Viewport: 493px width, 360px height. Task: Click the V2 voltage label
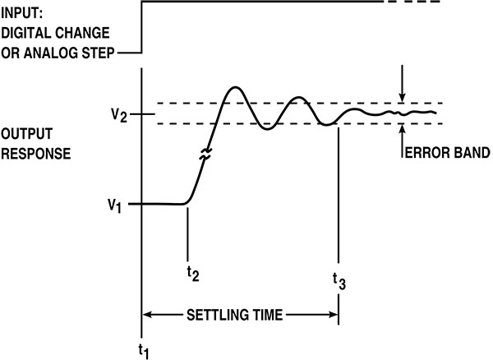click(120, 114)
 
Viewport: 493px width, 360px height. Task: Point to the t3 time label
click(339, 281)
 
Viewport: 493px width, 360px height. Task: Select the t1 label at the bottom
click(143, 350)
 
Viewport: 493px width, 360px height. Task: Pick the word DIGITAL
click(28, 33)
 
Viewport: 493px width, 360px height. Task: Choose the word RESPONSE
click(32, 153)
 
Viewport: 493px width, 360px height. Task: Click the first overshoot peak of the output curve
click(236, 87)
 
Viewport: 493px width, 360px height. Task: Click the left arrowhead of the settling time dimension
click(149, 314)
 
